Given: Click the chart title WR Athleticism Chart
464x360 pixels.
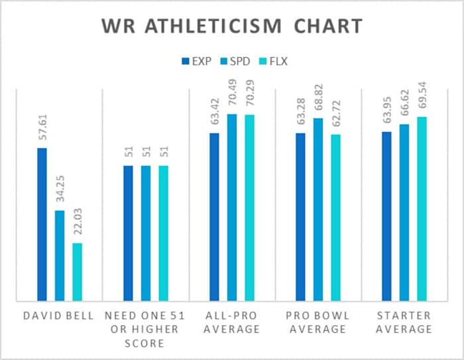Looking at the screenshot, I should [x=232, y=27].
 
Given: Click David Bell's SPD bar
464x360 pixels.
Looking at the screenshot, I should [x=60, y=255].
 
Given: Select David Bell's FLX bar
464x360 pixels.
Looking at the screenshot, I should [x=77, y=272].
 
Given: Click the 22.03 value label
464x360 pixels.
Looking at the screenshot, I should [x=77, y=225].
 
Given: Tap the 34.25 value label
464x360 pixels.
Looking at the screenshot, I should [x=60, y=192].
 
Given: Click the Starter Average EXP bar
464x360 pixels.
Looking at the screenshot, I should [x=387, y=216].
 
